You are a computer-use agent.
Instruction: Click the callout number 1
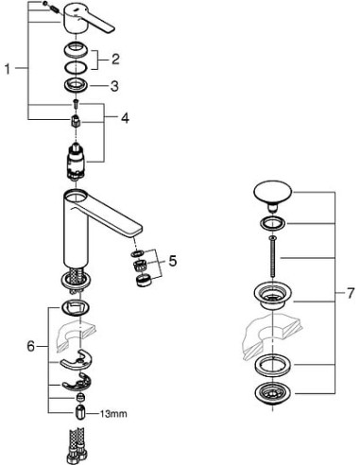point(9,70)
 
